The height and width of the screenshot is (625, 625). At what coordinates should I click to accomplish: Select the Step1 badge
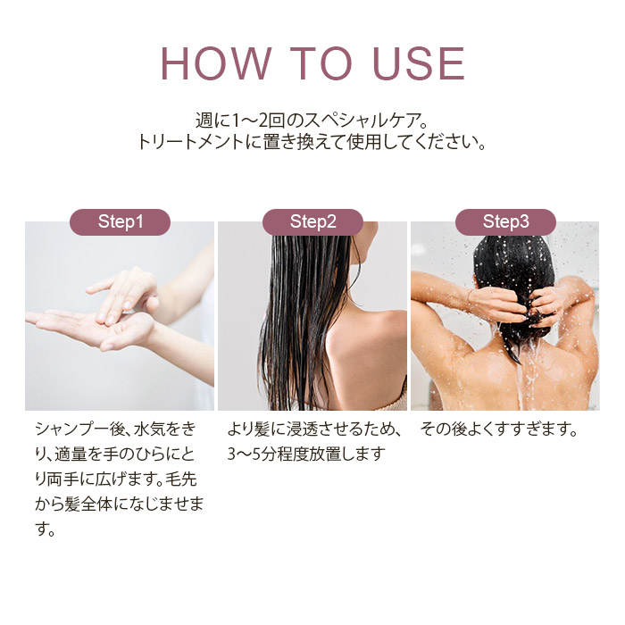120,222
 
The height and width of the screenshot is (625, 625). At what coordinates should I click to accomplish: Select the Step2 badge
312,222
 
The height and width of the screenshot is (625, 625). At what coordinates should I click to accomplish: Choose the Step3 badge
505,222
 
